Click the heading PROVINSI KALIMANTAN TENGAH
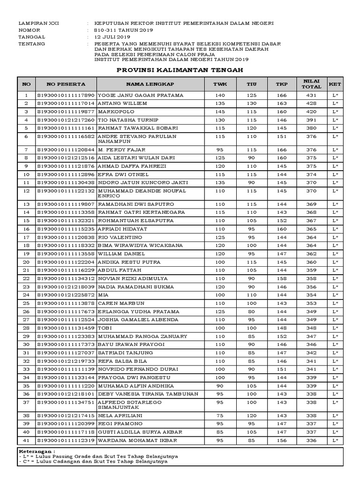point(180,69)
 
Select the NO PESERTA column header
point(66,84)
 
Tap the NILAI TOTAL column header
point(311,84)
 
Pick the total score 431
point(311,95)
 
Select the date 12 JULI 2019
point(112,37)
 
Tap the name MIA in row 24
point(102,295)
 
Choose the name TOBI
point(105,328)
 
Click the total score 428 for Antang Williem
point(311,104)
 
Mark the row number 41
point(26,441)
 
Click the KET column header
point(335,84)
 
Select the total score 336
point(311,441)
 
